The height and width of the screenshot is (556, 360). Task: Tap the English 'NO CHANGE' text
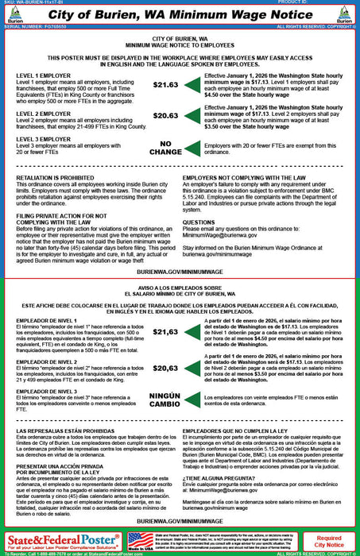coord(165,148)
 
